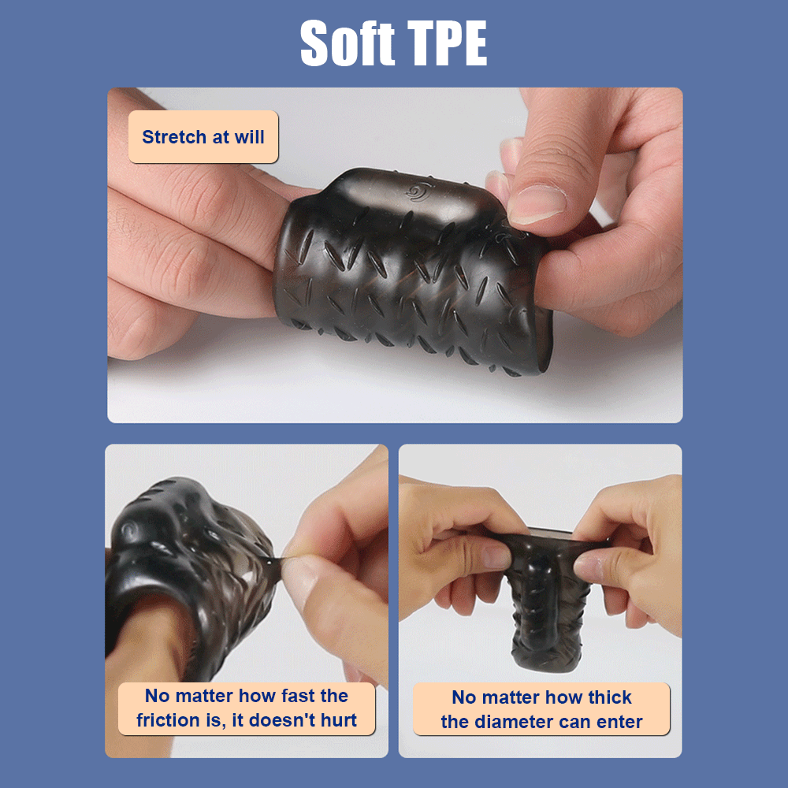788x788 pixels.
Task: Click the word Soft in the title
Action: pos(348,43)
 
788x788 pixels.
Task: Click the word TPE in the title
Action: pos(448,43)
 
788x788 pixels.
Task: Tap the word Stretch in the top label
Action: pos(174,136)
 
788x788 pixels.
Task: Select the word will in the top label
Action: pos(249,136)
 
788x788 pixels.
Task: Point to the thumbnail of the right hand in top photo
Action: pos(537,203)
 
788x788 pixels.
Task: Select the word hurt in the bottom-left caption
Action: pos(339,720)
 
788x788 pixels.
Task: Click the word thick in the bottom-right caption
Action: pos(610,697)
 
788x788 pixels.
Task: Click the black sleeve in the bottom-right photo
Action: pos(548,598)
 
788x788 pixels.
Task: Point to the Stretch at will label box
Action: pos(203,136)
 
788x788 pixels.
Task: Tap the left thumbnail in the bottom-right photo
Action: pos(495,557)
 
